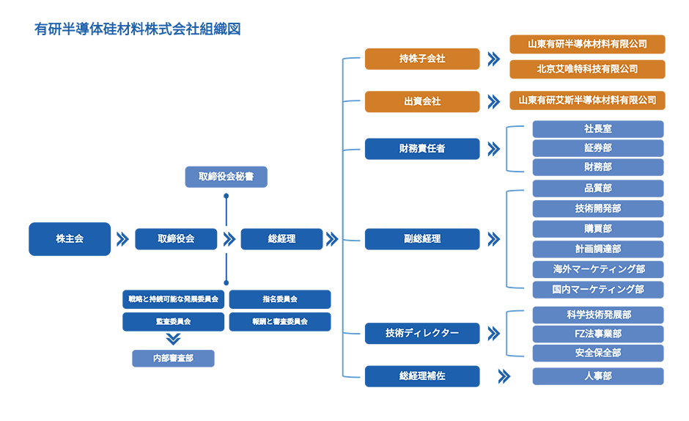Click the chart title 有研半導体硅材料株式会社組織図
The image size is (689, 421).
(x=138, y=29)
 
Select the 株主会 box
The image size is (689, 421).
(x=70, y=239)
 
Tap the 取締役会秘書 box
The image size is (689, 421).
(x=226, y=177)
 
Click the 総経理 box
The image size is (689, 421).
(x=281, y=239)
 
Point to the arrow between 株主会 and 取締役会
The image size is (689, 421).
(x=122, y=239)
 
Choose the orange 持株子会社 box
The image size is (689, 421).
(x=422, y=59)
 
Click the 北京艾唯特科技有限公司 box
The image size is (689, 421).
(x=587, y=69)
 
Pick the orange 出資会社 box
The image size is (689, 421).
(x=422, y=102)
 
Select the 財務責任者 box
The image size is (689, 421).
(x=422, y=149)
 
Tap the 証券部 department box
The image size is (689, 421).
(x=597, y=148)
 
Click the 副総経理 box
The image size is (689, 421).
(x=422, y=239)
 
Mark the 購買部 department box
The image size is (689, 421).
(x=597, y=229)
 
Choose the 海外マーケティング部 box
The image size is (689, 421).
(x=597, y=269)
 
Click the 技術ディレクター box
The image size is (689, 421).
(x=422, y=333)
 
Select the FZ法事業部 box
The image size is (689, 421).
(x=597, y=334)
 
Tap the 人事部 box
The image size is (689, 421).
(x=597, y=376)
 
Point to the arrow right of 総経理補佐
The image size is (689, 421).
(x=504, y=376)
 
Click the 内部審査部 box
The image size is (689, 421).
(x=173, y=358)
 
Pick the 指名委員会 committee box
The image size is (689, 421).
(x=280, y=299)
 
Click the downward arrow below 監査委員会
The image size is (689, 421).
(x=174, y=339)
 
